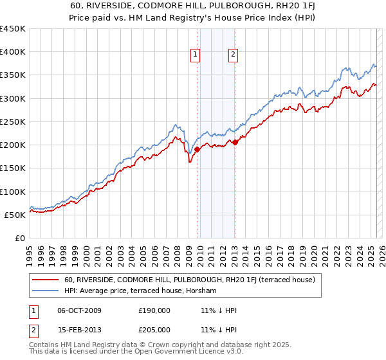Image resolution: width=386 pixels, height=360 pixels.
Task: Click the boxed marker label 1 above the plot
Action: (x=194, y=55)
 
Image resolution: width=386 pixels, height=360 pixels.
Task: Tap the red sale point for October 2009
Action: (x=197, y=149)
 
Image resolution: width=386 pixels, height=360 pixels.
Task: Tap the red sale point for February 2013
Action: (x=235, y=142)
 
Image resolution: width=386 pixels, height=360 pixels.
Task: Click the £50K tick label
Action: (x=15, y=215)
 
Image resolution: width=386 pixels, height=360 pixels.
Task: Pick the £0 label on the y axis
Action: (x=21, y=238)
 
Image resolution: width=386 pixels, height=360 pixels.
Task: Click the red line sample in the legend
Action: (x=46, y=280)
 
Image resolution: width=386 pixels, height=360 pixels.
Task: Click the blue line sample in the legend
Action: (x=46, y=291)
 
